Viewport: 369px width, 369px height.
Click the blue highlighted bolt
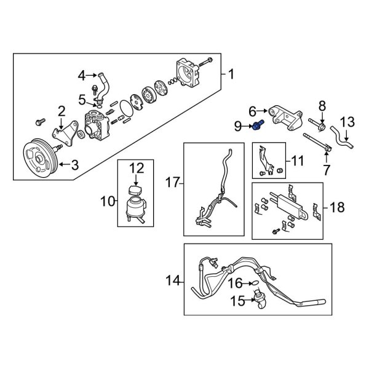(x=256, y=127)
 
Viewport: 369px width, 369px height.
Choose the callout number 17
(x=172, y=183)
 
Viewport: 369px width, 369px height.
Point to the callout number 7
(x=327, y=167)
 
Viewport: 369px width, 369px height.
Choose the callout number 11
(x=297, y=161)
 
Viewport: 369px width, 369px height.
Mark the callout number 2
(x=61, y=111)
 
